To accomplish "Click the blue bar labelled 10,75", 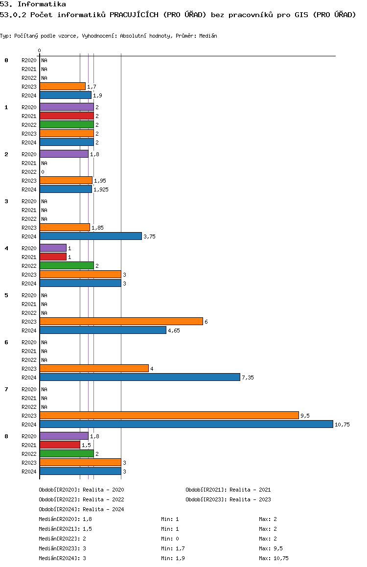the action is pos(186,424).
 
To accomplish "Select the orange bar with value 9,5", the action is pos(169,415).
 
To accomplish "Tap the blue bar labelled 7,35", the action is pos(140,377).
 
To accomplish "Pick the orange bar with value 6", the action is pos(121,321).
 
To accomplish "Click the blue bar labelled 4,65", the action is pos(103,330).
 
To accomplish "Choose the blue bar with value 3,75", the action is pos(91,236).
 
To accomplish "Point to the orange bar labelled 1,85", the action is pos(65,227).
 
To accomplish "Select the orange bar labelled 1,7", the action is pos(63,86).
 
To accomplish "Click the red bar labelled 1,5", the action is pos(60,445).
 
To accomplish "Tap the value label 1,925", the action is pos(101,189).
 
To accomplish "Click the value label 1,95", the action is pos(100,181).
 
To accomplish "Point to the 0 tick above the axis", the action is pos(39,50).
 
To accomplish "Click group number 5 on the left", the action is pos(6,295).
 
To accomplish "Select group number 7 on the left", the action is pos(6,389).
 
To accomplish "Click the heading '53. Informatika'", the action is pos(33,4).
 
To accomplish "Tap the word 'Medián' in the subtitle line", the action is pos(208,36).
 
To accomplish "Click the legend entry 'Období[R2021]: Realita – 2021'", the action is pos(229,490).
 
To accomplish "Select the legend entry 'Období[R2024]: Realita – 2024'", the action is pos(81,509).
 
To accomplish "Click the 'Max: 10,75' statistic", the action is pos(274,558).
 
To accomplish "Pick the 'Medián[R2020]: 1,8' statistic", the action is pos(66,519).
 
